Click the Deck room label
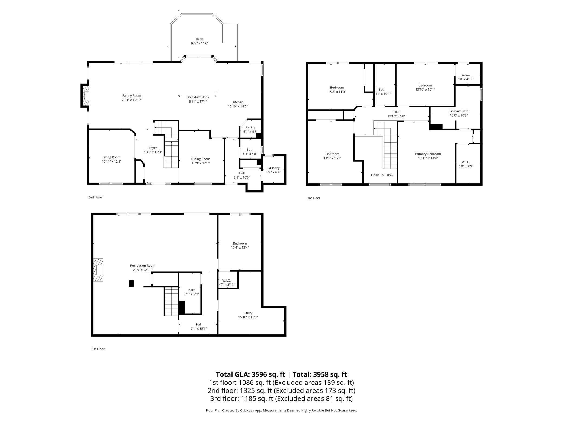[199, 39]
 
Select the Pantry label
[250, 127]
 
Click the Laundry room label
[273, 168]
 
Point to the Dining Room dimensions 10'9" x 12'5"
[201, 163]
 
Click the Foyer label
[153, 148]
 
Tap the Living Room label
[112, 157]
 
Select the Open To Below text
[382, 175]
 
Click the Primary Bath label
[459, 111]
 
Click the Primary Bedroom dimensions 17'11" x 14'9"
[428, 158]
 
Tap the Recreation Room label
[143, 266]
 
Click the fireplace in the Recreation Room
[99, 270]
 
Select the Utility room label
[248, 313]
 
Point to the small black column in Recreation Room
[132, 283]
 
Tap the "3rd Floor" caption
[314, 198]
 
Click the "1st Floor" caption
[98, 349]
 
